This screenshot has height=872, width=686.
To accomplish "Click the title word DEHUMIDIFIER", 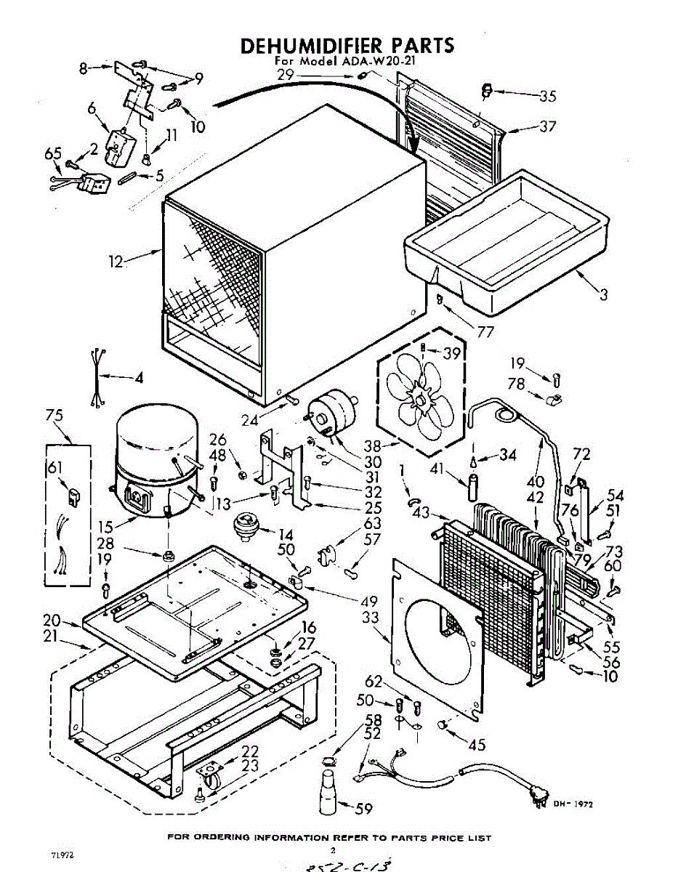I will tap(304, 45).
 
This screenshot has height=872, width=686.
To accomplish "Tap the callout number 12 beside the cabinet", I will tap(116, 261).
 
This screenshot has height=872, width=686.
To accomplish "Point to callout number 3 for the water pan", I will tap(603, 295).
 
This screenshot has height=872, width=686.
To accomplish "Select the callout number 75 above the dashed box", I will tap(54, 415).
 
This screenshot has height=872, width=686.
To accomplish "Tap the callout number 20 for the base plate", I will tap(51, 620).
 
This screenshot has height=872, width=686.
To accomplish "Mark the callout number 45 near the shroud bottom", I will tap(477, 744).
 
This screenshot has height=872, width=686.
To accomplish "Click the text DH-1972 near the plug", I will tap(573, 804).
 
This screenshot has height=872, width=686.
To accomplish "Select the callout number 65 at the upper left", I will tap(52, 153).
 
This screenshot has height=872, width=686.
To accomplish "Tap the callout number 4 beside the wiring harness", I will tap(138, 378).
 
